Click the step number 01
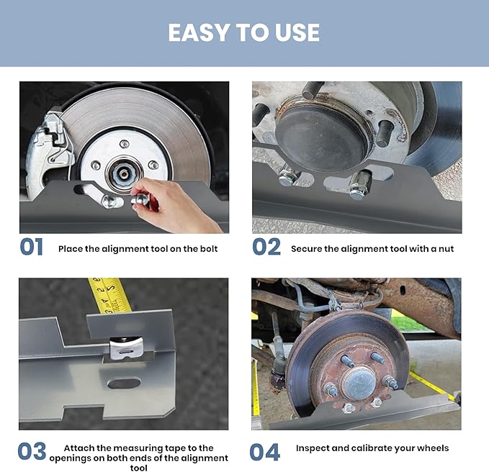coord(32,247)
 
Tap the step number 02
coord(266,247)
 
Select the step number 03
coord(32,451)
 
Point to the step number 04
coord(265,452)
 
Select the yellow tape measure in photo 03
coord(109,295)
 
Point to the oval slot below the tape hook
coord(124,383)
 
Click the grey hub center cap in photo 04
coord(359,384)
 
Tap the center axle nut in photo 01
coord(123,172)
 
